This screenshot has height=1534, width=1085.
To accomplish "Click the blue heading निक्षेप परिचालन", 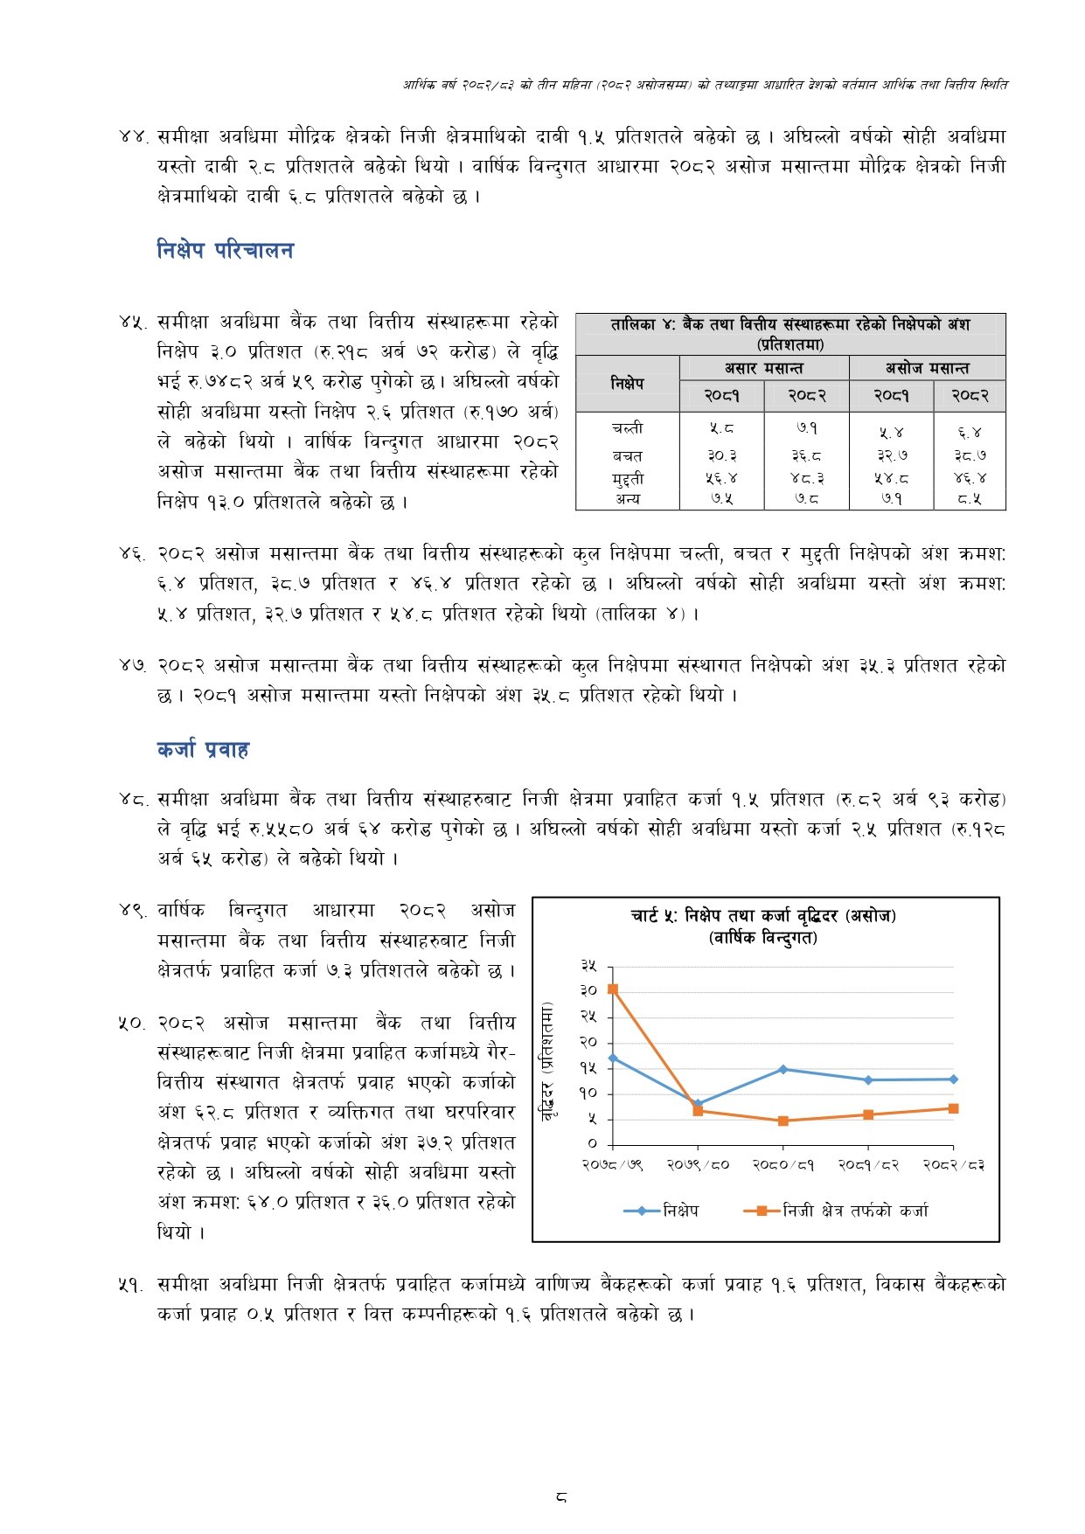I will click(x=225, y=251).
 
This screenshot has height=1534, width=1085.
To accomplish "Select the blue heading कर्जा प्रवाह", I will click(x=203, y=750).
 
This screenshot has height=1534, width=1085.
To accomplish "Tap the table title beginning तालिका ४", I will click(x=789, y=325).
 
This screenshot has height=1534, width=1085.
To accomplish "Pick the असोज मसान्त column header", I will click(x=927, y=368).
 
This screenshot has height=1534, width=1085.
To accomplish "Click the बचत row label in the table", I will click(x=627, y=455).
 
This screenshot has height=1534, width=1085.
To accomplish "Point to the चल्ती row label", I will click(x=627, y=428).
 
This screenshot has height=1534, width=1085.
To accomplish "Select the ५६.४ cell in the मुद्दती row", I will click(x=721, y=478).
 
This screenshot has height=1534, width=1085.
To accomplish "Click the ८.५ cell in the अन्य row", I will click(x=969, y=499).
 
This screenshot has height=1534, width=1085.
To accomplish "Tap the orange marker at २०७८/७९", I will click(x=613, y=989).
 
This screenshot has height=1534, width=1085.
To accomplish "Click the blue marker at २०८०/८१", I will click(x=782, y=1069).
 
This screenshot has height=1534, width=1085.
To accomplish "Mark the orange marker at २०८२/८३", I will click(x=953, y=1108).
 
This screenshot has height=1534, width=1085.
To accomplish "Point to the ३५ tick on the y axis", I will click(x=589, y=966).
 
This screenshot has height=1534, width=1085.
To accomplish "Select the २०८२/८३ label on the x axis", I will click(x=953, y=1165).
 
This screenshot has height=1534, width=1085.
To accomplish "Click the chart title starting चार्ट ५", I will click(x=763, y=916).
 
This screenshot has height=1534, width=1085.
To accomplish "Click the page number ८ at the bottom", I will click(x=560, y=1497).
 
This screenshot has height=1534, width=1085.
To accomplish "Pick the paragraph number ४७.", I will click(x=132, y=666).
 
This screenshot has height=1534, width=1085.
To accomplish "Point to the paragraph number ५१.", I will click(x=132, y=1285).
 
